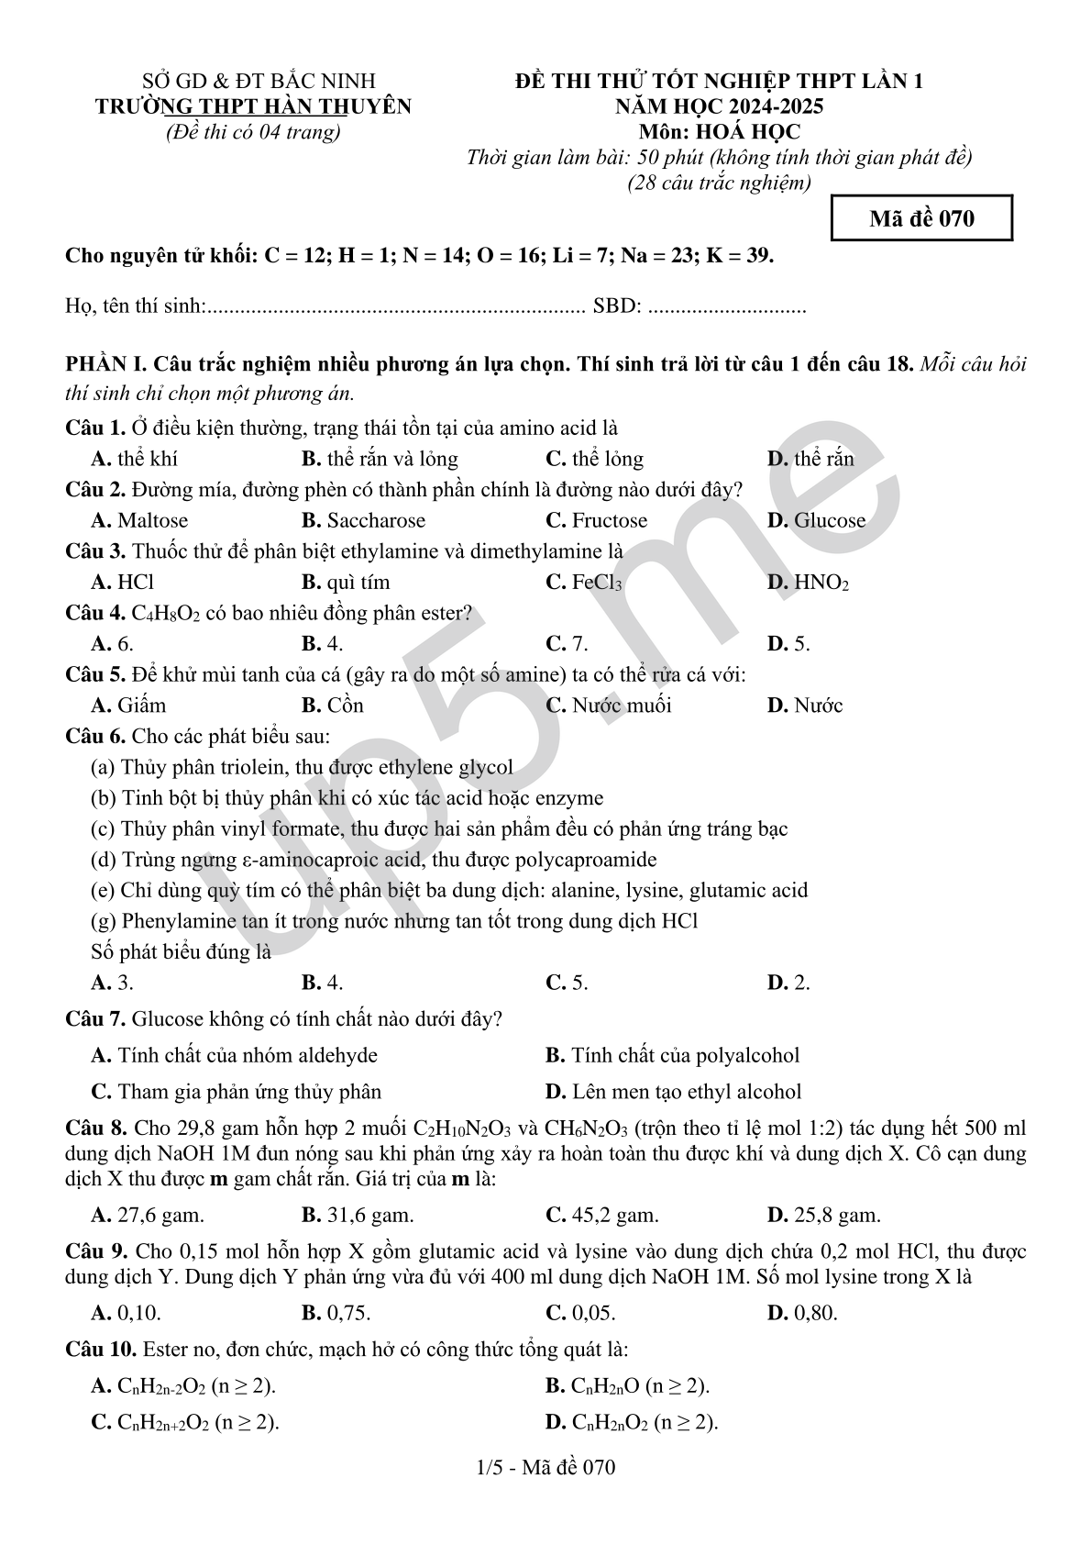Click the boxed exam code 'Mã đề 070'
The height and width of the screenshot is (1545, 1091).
pyautogui.click(x=920, y=218)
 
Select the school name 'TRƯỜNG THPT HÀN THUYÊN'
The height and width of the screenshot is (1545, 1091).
pyautogui.click(x=254, y=106)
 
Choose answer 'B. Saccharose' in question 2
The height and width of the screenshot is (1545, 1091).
pyautogui.click(x=363, y=520)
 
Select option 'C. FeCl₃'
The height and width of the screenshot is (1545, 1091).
pyautogui.click(x=583, y=582)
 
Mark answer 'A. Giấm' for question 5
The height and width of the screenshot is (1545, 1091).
pyautogui.click(x=128, y=705)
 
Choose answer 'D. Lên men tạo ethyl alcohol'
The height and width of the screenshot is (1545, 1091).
pyautogui.click(x=673, y=1092)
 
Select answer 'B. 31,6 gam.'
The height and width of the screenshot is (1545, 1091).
pyautogui.click(x=358, y=1215)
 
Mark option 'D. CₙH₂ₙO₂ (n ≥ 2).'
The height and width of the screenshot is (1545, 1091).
pyautogui.click(x=632, y=1422)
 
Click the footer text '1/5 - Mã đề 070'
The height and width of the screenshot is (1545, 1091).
pyautogui.click(x=546, y=1467)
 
